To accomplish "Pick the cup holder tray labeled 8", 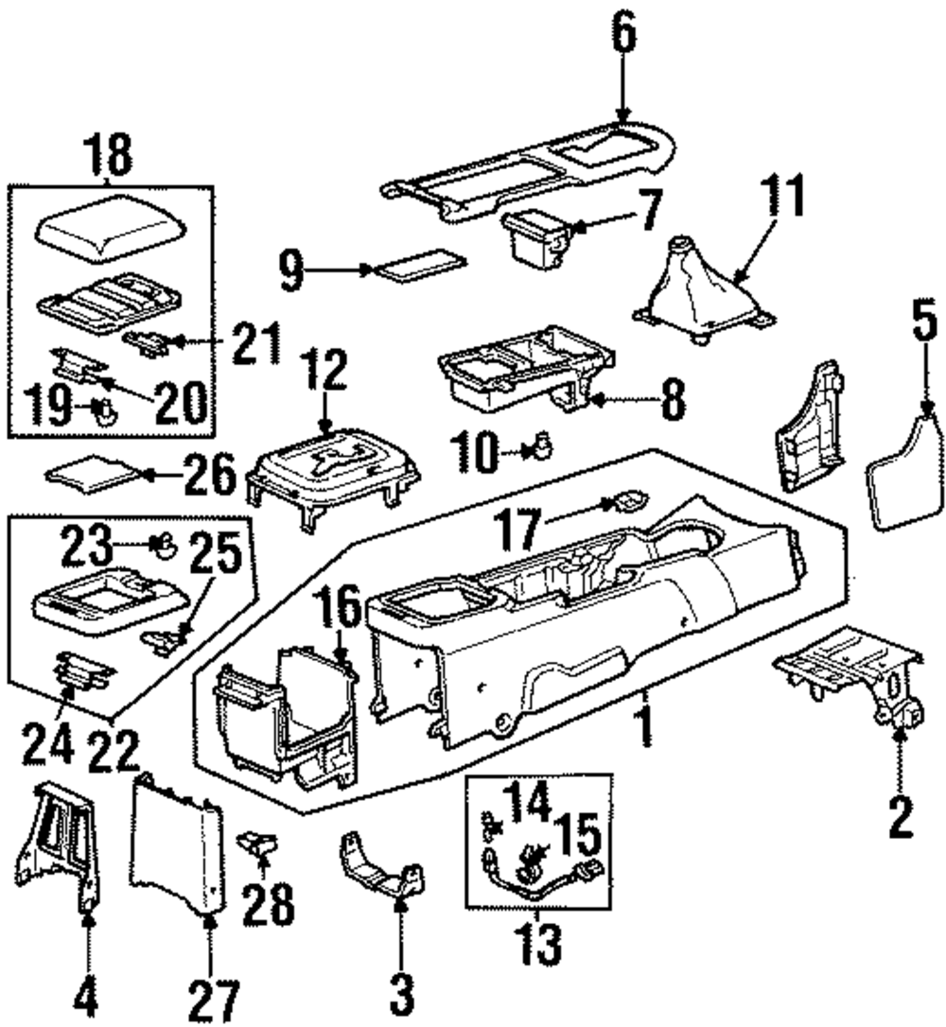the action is point(527,369).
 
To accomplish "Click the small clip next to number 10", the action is point(542,446).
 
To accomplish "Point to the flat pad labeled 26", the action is point(92,473).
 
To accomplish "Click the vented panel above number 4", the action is point(59,844).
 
